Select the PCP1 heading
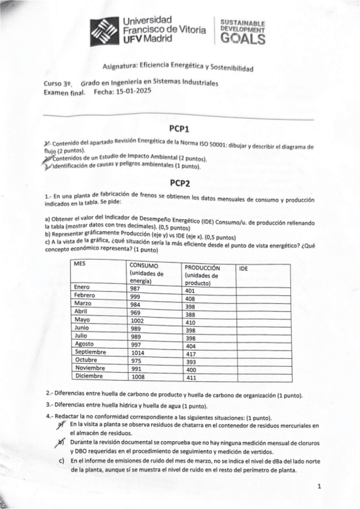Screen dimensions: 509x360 click(x=179, y=128)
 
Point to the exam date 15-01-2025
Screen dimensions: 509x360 click(x=131, y=91)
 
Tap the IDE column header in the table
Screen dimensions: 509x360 click(x=244, y=269)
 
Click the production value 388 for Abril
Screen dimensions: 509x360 click(x=190, y=314)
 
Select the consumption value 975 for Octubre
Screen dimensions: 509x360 click(x=137, y=361)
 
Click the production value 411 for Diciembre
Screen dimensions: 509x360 click(x=191, y=378)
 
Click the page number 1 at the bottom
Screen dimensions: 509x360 click(x=319, y=486)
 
